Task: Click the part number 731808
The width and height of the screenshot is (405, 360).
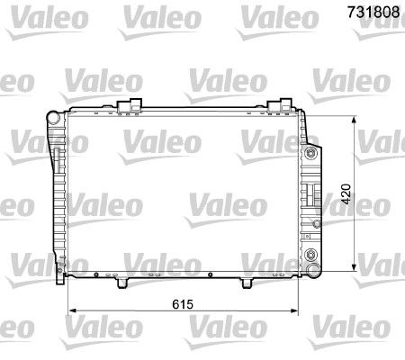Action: (373, 12)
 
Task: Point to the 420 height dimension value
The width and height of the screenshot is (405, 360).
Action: (346, 194)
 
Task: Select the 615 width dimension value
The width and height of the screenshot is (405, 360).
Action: (183, 304)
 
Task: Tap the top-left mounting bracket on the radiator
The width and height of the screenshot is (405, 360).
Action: (130, 106)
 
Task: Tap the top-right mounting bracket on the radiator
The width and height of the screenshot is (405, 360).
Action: (279, 106)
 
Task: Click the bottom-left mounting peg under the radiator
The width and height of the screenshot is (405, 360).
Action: (121, 283)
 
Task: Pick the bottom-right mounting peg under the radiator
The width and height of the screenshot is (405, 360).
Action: (247, 283)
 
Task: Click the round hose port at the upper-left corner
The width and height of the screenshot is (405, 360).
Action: (54, 118)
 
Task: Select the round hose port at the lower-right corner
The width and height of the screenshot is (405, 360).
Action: (313, 268)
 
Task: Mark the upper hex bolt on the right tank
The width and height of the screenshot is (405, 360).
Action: (310, 154)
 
